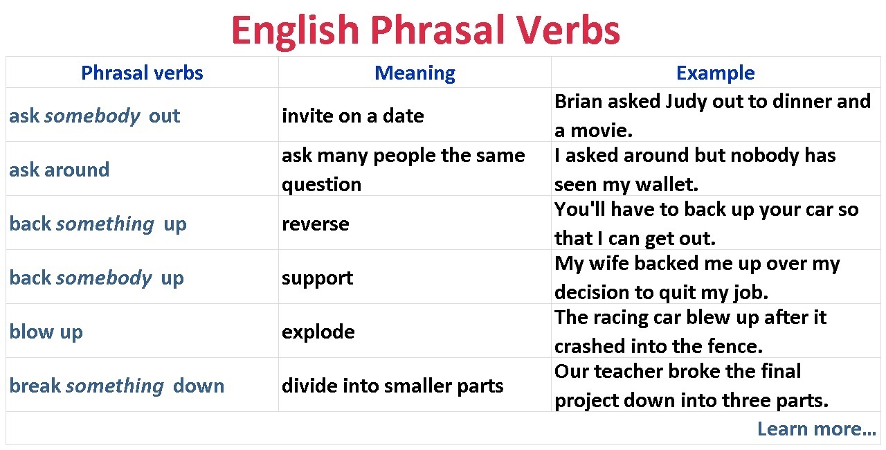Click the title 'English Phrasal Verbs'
pyautogui.click(x=426, y=31)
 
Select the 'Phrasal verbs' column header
pyautogui.click(x=142, y=73)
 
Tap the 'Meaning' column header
pyautogui.click(x=415, y=73)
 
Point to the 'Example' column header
pyautogui.click(x=716, y=73)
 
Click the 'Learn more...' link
pyautogui.click(x=816, y=429)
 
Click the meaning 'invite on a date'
pyautogui.click(x=353, y=116)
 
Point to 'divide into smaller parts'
pyautogui.click(x=392, y=386)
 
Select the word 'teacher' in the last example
pyautogui.click(x=629, y=372)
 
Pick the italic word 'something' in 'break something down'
pyautogui.click(x=115, y=386)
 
